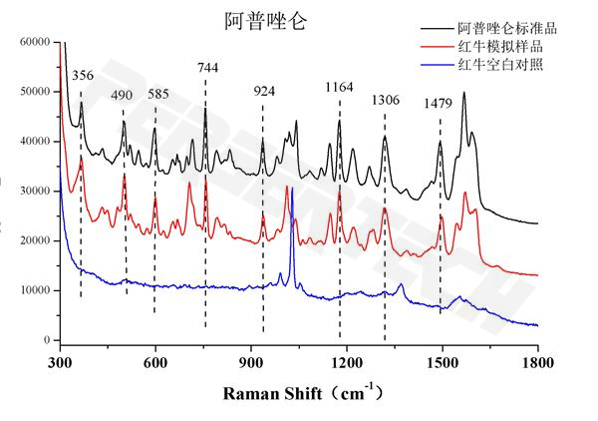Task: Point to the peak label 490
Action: coord(122,95)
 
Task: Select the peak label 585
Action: coord(158,95)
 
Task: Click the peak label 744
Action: coord(208,68)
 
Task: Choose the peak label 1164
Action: coord(339,88)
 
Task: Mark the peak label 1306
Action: coord(385,101)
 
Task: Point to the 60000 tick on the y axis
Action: coord(34,43)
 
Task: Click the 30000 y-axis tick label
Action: coord(34,192)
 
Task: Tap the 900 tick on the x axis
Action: coord(251,360)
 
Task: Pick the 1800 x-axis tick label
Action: coord(537,360)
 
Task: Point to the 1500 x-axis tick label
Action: coord(442,360)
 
